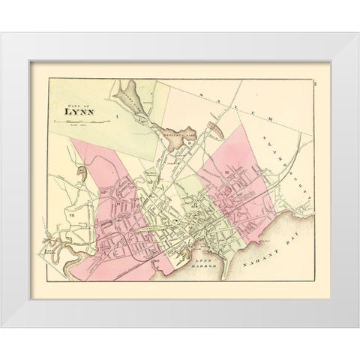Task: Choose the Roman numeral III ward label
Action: [226, 174]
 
